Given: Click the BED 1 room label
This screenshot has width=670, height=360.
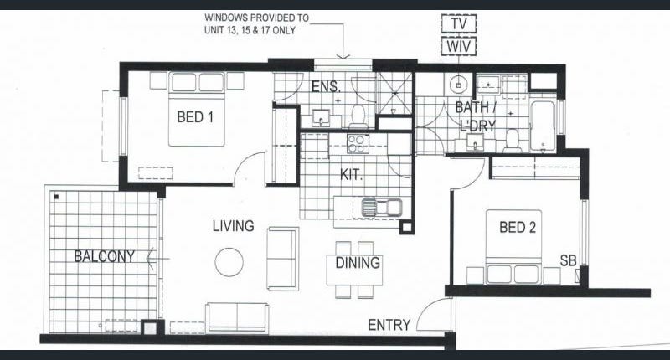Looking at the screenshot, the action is click(195, 116).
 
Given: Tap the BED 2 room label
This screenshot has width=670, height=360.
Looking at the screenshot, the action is click(518, 227).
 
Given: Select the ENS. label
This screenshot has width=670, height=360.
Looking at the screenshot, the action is click(326, 87).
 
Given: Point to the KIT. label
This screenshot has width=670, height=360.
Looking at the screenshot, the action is click(351, 174).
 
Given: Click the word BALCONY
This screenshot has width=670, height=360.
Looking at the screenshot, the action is click(105, 256).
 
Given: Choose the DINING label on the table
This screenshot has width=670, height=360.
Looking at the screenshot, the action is click(358, 263).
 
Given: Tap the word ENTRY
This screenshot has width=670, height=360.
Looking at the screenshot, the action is click(389, 325).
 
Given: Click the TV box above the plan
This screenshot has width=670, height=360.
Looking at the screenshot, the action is click(458, 23).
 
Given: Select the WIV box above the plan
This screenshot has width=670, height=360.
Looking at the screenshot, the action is click(458, 47).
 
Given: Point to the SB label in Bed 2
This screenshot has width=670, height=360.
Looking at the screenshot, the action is click(569, 260).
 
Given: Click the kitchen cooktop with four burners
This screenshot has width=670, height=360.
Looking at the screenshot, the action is click(358, 143).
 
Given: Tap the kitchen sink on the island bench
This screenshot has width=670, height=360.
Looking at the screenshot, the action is click(382, 208).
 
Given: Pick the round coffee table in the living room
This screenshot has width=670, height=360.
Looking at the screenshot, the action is click(229, 262).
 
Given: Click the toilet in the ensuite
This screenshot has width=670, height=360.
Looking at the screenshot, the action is click(358, 116).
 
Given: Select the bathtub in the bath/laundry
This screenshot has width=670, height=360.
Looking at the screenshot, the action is click(543, 126).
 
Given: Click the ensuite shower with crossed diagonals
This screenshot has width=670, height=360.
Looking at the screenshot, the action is click(394, 94).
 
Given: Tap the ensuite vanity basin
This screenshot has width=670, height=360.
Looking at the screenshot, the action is click(321, 118).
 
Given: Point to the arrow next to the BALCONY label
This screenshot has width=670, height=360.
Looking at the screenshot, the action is click(157, 259).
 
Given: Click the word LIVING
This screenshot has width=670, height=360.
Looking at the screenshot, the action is click(234, 226).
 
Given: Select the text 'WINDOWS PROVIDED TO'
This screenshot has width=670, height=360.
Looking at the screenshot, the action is click(256, 18).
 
